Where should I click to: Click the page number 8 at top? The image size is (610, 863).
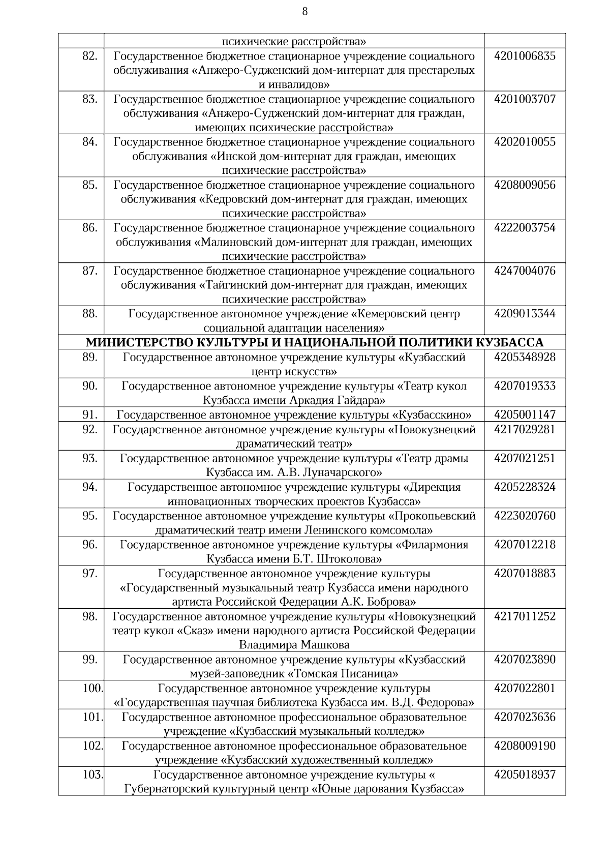click(x=304, y=12)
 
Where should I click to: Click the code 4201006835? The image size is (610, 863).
click(x=525, y=56)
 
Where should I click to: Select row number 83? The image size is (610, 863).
click(x=89, y=99)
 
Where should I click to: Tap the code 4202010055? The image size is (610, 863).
click(x=525, y=142)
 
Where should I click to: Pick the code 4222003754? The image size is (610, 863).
click(x=525, y=228)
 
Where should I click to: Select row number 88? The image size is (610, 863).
click(x=89, y=314)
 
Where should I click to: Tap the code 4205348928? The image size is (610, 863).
click(x=525, y=358)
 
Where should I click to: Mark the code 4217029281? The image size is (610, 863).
click(x=525, y=430)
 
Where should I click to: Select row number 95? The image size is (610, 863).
click(x=89, y=516)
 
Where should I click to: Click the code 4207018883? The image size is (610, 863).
click(x=525, y=574)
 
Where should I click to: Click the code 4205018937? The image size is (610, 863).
click(x=525, y=775)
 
